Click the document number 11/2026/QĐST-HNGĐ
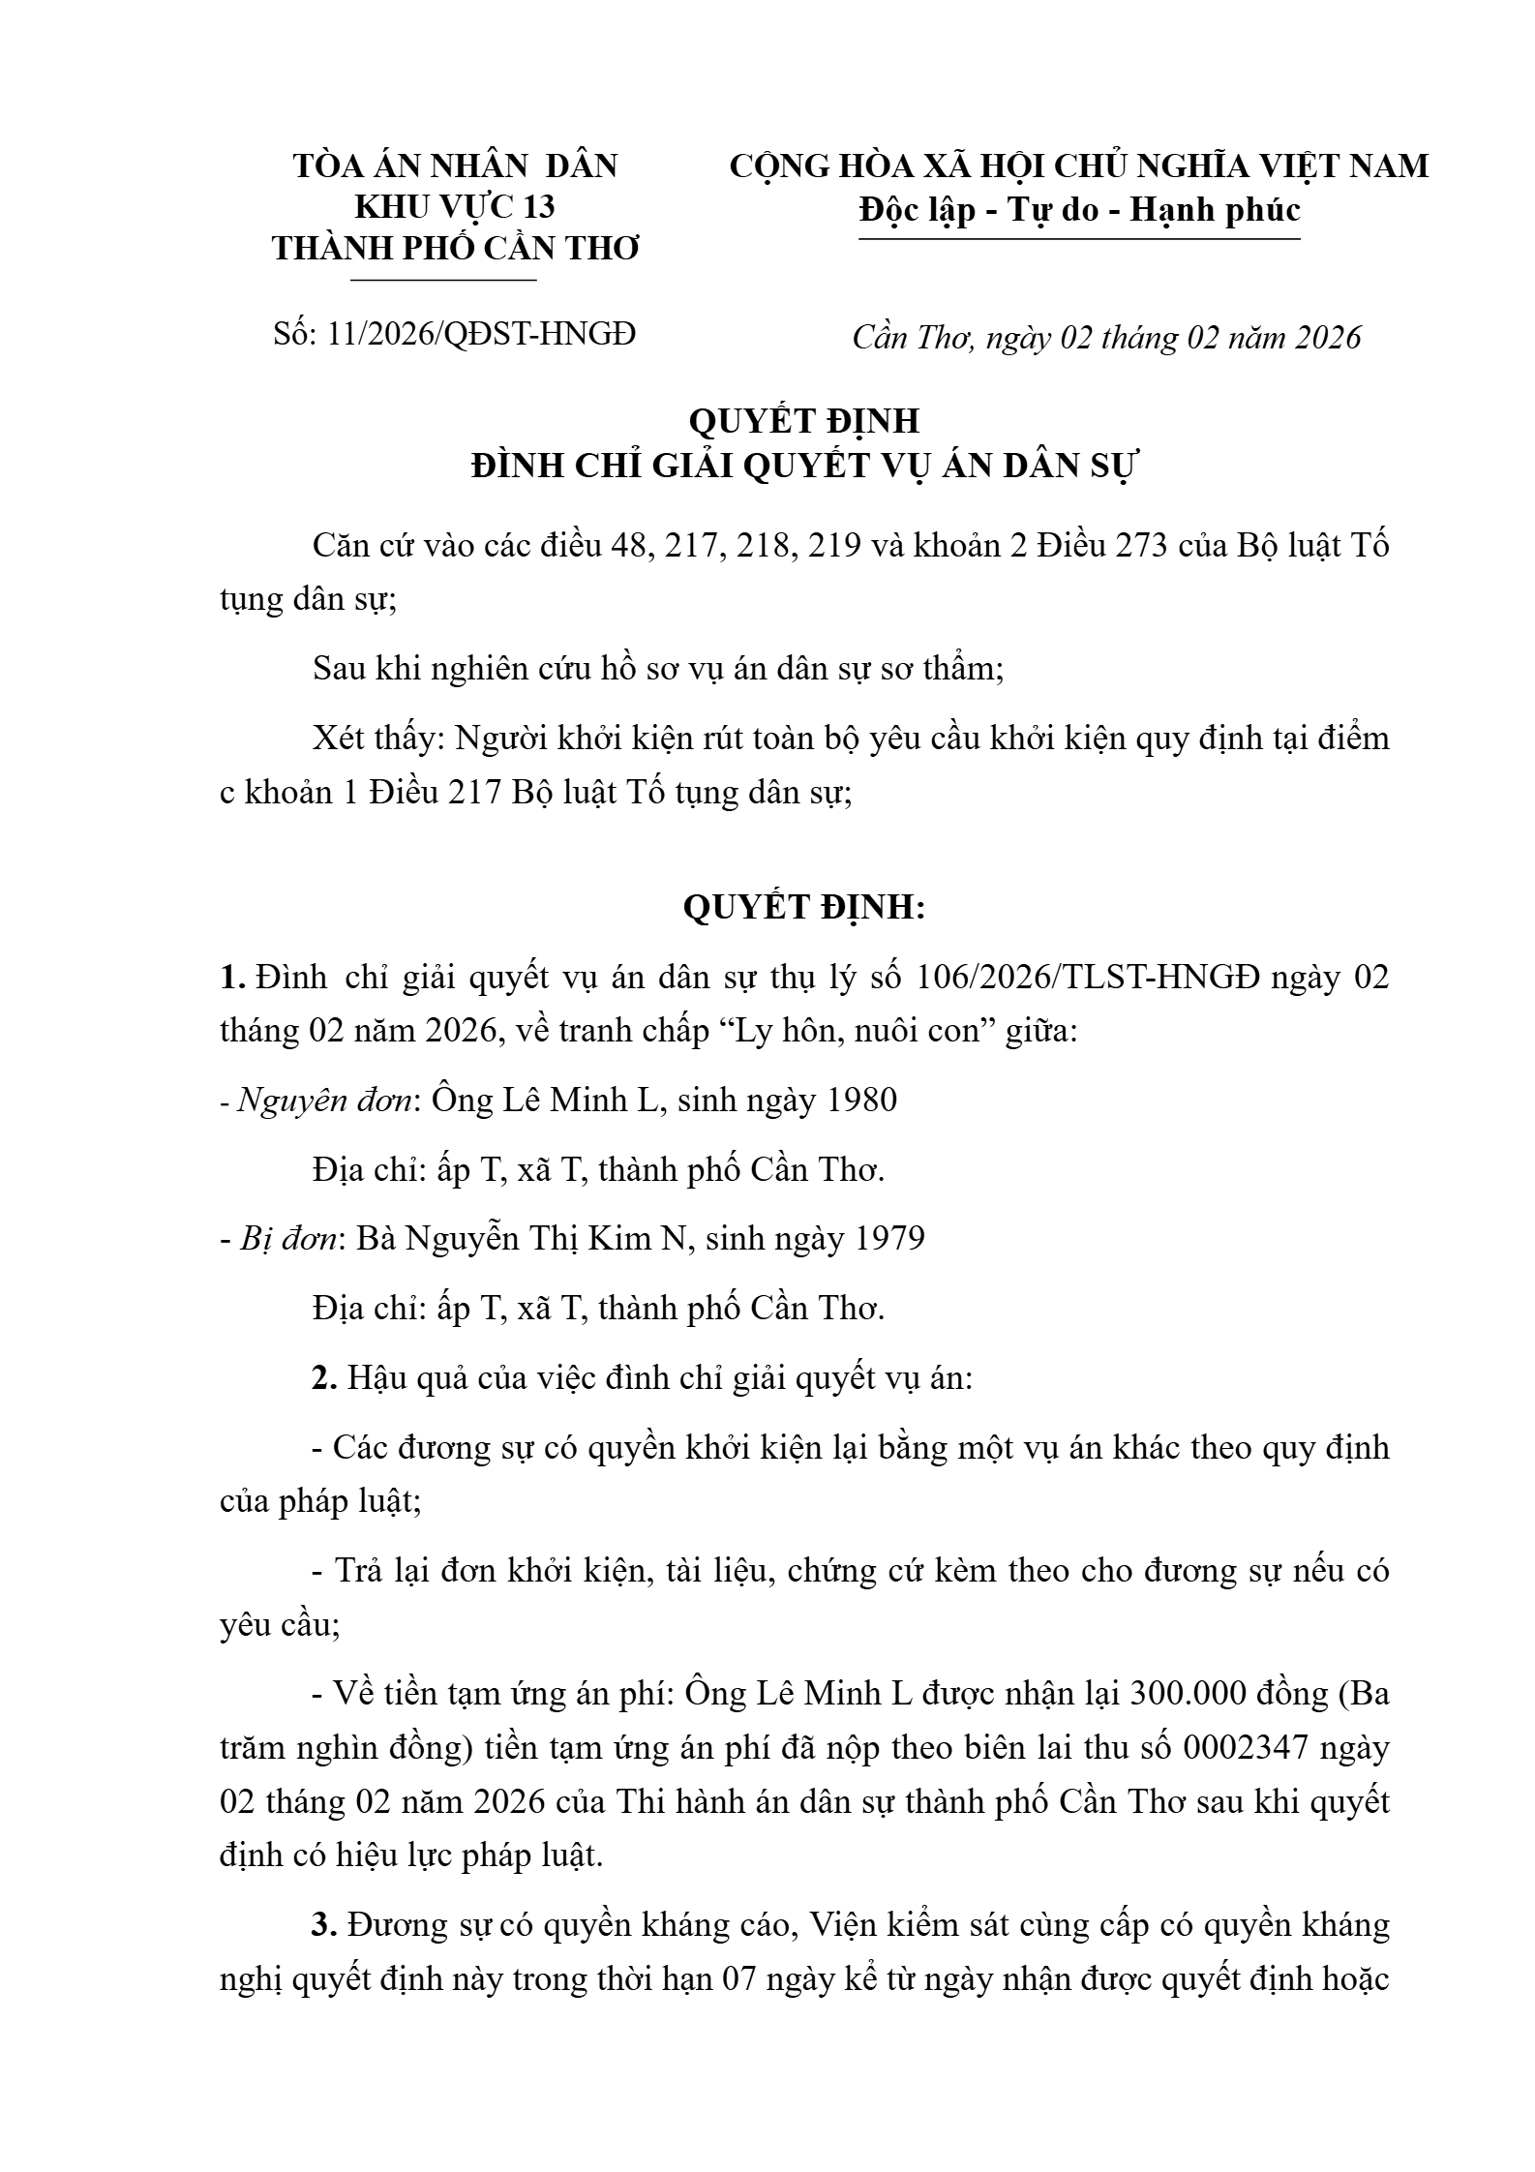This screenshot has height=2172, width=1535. click(x=481, y=334)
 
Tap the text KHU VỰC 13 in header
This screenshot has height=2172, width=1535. click(x=455, y=207)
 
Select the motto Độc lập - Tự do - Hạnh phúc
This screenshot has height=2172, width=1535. click(x=1079, y=210)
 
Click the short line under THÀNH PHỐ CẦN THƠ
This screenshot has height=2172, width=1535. click(x=443, y=281)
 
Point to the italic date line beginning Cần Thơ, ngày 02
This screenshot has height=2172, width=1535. click(x=1106, y=337)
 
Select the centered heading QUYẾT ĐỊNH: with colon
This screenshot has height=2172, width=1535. click(x=804, y=907)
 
